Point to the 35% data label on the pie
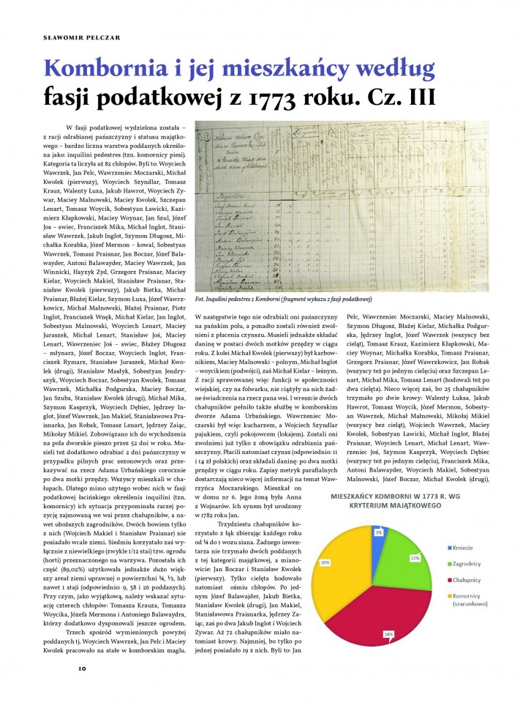[323, 562]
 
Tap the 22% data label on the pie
[415, 538]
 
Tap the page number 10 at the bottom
[83, 667]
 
